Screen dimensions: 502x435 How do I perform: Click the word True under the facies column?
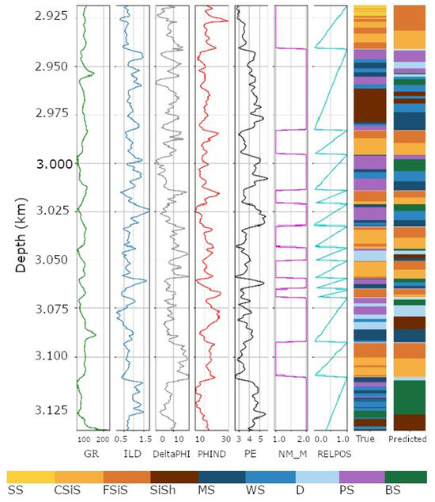tap(365, 439)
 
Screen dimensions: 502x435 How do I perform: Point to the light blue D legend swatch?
tap(316, 476)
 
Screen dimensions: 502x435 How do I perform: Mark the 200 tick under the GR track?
tap(102, 439)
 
